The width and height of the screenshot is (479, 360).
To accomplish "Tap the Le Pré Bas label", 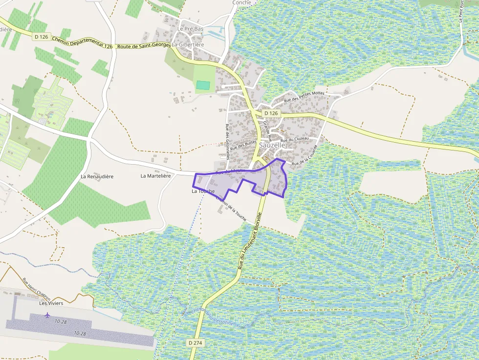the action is coord(190,29).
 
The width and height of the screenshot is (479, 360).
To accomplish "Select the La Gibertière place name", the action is coord(188,44).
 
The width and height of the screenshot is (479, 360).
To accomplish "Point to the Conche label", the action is coord(241,2).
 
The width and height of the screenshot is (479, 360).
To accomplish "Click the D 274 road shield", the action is coord(195,343).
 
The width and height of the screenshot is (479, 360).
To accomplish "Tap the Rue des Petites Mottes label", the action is coord(304,96).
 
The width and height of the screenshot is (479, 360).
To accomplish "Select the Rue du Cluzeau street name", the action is coord(295,140).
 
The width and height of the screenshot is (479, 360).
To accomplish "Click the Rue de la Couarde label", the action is coord(305,155).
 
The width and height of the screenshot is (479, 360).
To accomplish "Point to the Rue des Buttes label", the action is coord(243,145).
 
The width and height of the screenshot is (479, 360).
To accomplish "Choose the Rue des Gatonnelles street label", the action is coord(228,141).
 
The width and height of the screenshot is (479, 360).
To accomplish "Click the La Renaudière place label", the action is coord(97,176).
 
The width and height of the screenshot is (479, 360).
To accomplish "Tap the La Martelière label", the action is coord(156,176).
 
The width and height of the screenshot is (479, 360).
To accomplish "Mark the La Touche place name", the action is coord(203,191).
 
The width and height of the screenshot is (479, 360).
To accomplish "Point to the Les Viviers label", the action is coord(51,303).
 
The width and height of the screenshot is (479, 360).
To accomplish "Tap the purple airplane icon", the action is coord(47,315).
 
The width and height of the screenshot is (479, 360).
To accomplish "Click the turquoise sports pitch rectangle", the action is coord(203,85).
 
